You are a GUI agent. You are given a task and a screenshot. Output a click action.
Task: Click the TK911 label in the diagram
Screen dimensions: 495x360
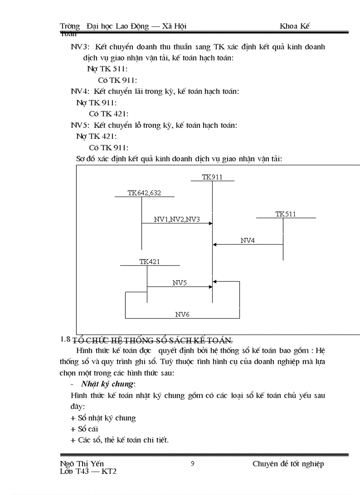(212, 177)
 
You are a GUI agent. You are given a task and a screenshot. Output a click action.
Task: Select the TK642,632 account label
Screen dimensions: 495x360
(144, 193)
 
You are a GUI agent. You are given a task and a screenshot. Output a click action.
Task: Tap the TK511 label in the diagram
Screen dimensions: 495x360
(286, 214)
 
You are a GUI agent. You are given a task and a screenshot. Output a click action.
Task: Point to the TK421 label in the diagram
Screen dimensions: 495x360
(150, 262)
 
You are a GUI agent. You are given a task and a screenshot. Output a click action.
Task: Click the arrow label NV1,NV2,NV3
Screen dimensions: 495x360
(177, 219)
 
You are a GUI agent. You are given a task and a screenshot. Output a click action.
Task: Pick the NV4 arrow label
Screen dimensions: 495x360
(247, 241)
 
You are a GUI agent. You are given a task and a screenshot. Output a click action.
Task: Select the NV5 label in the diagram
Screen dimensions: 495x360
(180, 283)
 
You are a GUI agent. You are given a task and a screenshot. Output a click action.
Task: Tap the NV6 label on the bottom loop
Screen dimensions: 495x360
(182, 314)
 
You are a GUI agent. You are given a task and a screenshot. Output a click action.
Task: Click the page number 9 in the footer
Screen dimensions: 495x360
(192, 463)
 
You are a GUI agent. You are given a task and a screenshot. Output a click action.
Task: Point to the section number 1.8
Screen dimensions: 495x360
(65, 339)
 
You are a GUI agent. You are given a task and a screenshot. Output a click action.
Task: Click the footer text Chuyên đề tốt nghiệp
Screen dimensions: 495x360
(288, 464)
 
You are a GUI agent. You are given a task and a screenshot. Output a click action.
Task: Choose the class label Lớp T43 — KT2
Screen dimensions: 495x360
(88, 471)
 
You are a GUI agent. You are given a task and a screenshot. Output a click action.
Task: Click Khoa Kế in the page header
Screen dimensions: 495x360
(295, 26)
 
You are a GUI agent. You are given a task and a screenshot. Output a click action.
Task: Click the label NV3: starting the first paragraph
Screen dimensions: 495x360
(80, 47)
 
